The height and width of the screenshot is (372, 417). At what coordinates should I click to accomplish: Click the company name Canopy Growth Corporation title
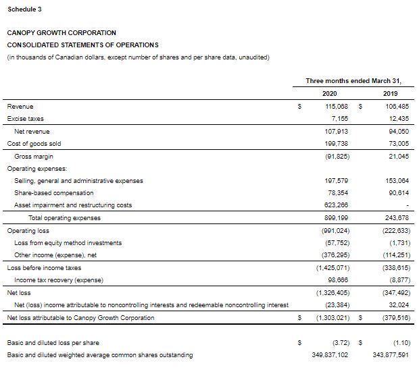tap(62, 32)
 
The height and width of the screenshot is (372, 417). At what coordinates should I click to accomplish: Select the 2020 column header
tap(330, 93)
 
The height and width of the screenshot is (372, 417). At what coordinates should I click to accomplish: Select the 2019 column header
tap(391, 93)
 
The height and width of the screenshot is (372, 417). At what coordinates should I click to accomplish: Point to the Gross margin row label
tap(33, 156)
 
